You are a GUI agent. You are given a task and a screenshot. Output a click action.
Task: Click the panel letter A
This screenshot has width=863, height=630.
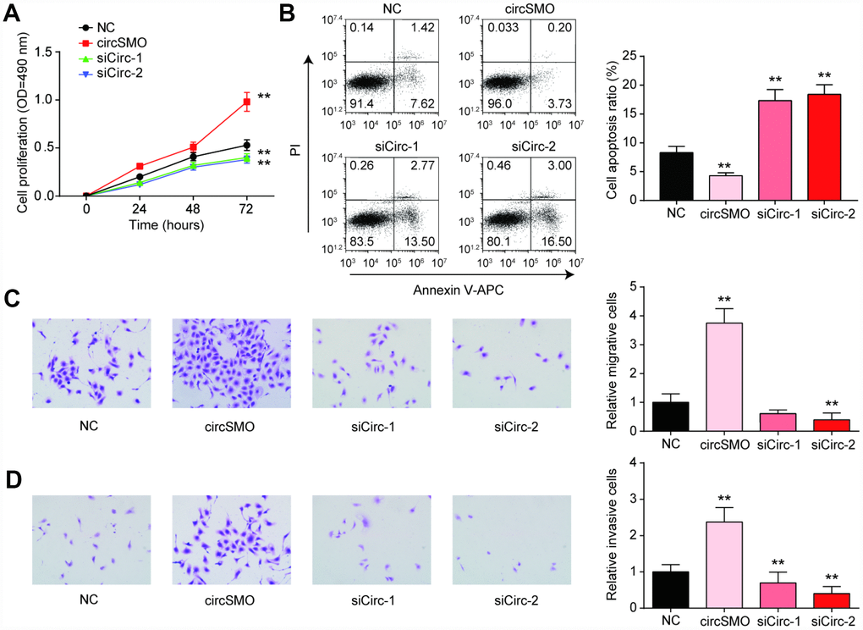pos(13,13)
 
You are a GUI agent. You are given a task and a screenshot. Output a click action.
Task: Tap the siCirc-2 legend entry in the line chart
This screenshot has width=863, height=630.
pos(109,74)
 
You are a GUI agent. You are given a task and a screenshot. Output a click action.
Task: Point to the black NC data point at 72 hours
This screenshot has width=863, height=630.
pos(247,145)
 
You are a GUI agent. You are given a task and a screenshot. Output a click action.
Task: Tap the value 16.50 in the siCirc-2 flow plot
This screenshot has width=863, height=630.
pos(556,240)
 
